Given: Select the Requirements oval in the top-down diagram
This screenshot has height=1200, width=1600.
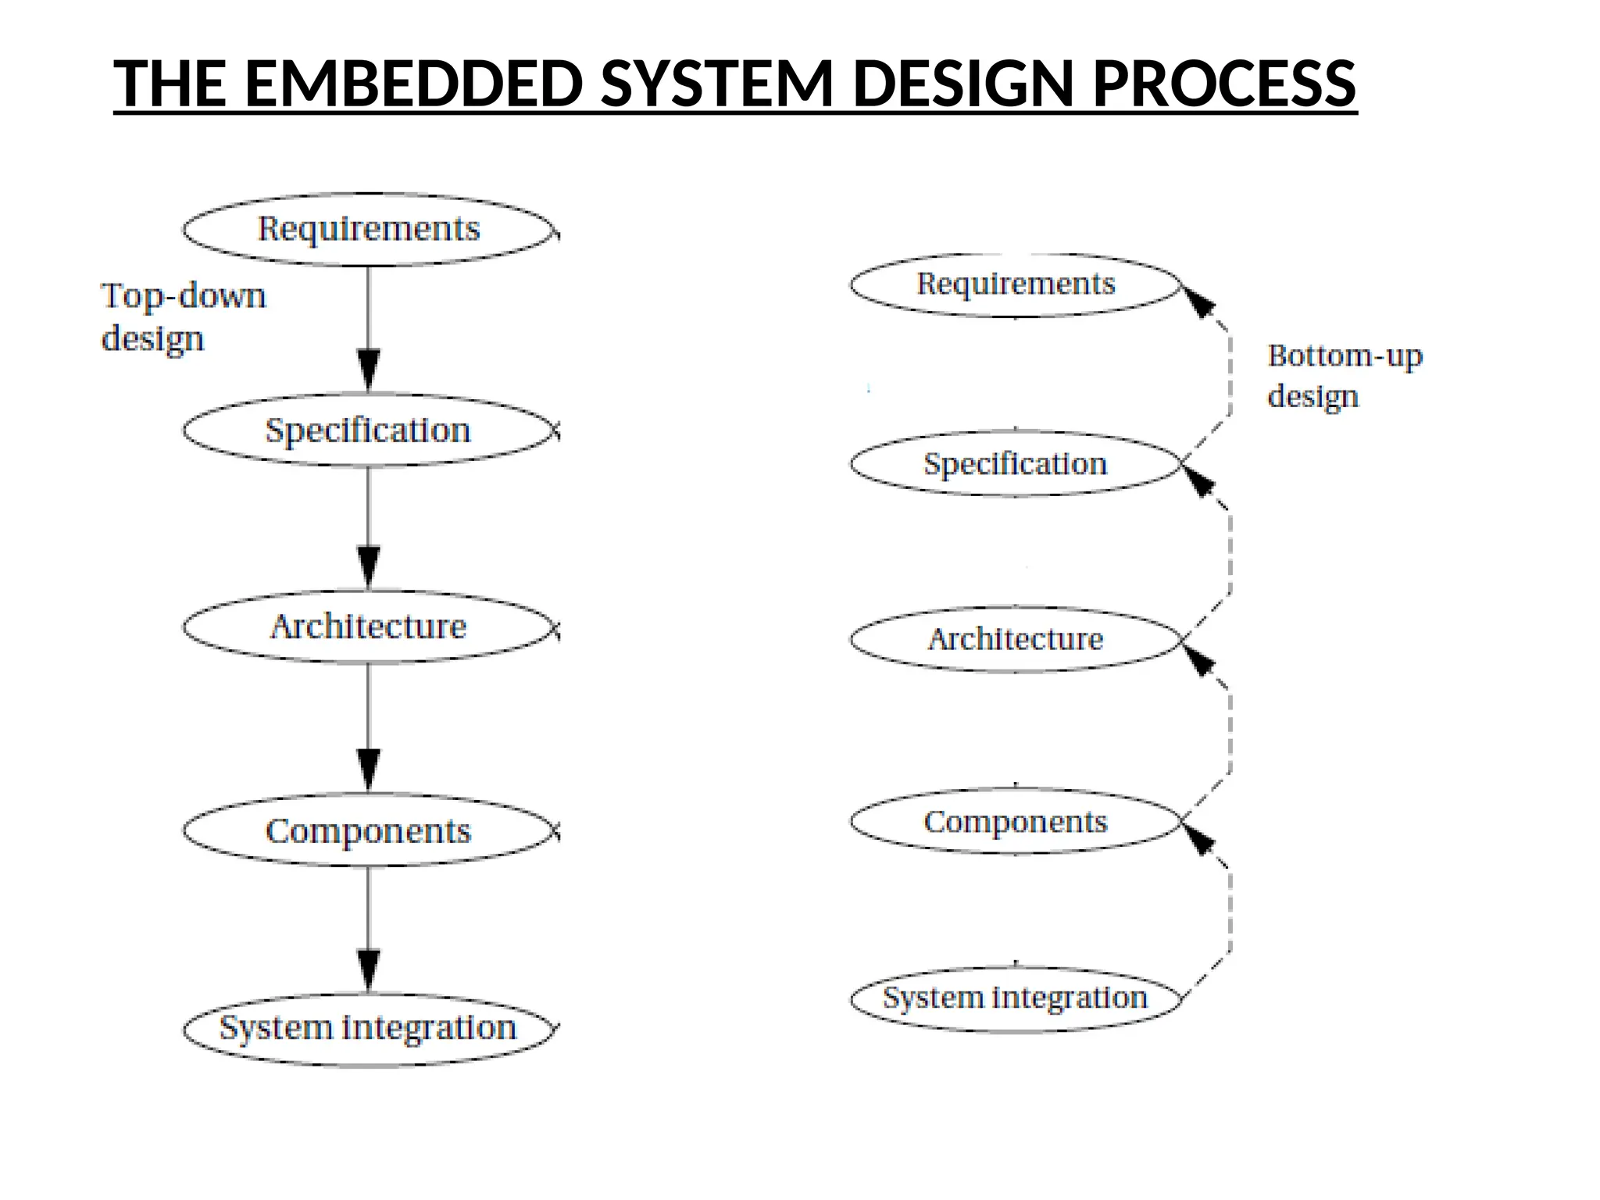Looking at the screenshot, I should click(x=369, y=229).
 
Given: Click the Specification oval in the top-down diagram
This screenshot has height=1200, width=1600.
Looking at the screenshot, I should click(x=369, y=430).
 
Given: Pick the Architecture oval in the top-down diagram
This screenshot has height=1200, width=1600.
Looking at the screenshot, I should click(x=369, y=627).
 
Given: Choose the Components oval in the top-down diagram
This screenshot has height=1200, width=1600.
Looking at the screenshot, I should click(x=369, y=830).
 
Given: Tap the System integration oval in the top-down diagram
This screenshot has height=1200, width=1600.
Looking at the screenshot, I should click(x=369, y=1028).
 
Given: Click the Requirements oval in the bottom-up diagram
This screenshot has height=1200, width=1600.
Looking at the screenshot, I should click(x=1015, y=284).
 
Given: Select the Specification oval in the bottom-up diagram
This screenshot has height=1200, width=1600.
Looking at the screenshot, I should click(x=1015, y=464).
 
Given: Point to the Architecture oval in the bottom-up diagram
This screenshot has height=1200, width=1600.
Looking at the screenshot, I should click(x=1015, y=639).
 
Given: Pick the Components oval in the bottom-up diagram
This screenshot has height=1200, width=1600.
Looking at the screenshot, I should click(x=1015, y=822).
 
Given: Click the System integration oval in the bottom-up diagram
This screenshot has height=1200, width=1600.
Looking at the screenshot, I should click(x=1015, y=998).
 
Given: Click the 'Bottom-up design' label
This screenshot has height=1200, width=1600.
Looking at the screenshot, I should click(x=1344, y=376).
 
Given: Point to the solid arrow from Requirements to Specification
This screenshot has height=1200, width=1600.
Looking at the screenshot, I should click(x=369, y=328).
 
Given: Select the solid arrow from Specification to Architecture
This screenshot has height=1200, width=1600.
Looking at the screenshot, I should click(x=369, y=527).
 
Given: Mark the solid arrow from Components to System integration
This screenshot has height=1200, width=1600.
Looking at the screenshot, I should click(x=369, y=930).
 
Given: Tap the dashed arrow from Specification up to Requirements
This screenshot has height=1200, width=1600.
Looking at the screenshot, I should click(x=1229, y=375).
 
